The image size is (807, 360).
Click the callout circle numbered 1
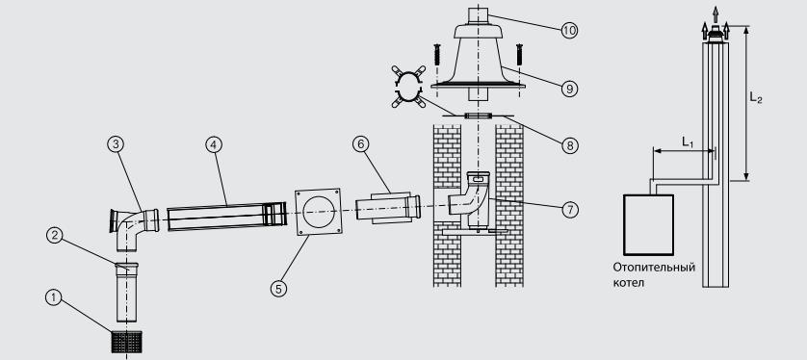[x=54, y=297]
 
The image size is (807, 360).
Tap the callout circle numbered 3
[x=116, y=145]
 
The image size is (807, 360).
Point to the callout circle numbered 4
[x=213, y=145]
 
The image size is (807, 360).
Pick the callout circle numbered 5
[x=278, y=289]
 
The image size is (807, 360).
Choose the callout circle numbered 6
[x=361, y=145]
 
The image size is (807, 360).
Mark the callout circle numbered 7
[x=570, y=210]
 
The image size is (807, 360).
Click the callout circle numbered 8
[x=570, y=145]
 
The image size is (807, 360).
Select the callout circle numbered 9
[x=569, y=89]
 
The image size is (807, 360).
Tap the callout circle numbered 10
[x=569, y=31]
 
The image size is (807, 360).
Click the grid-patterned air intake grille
[x=126, y=342]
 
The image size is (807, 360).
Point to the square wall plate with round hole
[x=318, y=212]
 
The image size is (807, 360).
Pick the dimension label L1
[x=688, y=142]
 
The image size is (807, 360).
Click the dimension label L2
[x=756, y=98]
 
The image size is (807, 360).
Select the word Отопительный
[x=654, y=268]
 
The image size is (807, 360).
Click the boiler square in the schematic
[x=648, y=224]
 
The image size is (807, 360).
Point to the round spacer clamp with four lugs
[x=408, y=87]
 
